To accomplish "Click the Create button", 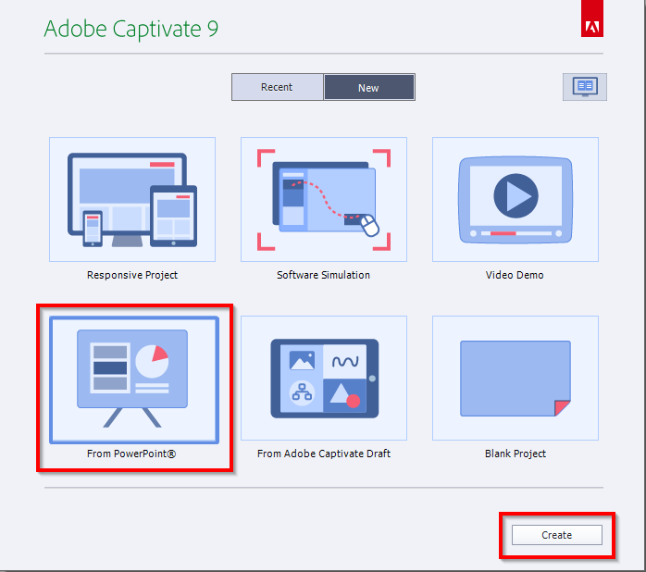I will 557,535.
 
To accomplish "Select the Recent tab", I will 277,87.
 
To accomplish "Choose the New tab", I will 368,88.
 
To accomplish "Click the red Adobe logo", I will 592,26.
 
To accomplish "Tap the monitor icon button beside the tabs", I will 585,87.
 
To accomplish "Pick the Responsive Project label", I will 132,275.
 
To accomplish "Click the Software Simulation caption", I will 323,275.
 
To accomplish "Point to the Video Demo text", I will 515,275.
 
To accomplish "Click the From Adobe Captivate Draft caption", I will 324,454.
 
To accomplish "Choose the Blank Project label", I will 516,454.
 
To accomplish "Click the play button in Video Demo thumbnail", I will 516,196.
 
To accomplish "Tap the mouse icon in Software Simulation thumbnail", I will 370,226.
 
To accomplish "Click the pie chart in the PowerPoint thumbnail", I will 152,361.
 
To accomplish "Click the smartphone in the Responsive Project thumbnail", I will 93,227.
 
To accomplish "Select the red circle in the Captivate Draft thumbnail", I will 353,401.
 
